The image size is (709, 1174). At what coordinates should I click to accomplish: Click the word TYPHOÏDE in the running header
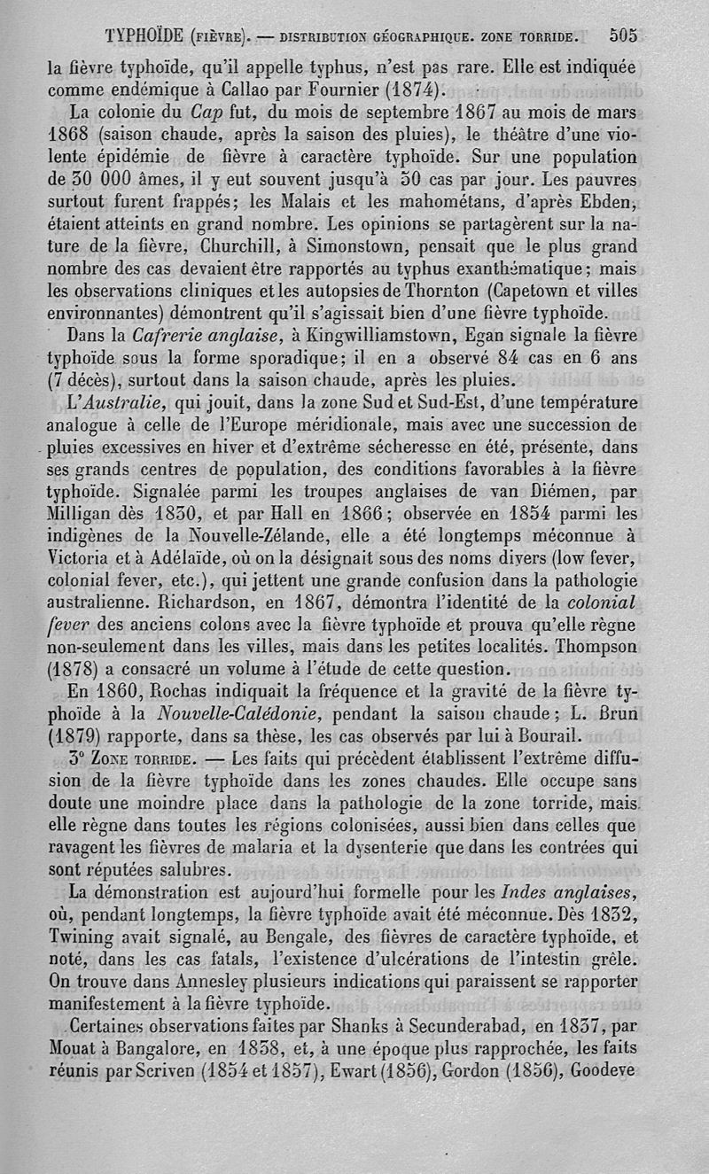click(x=144, y=37)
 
